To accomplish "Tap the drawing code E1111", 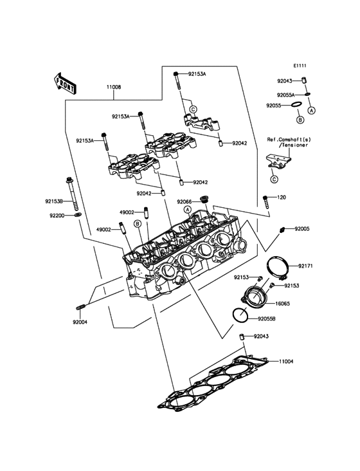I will (x=301, y=66).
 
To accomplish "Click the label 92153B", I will (x=54, y=201).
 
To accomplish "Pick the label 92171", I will (x=306, y=266).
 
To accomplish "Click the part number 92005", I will (x=302, y=229).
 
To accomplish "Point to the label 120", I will (x=281, y=198).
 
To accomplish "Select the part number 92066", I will (x=184, y=201).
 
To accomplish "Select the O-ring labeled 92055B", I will (x=239, y=317).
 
